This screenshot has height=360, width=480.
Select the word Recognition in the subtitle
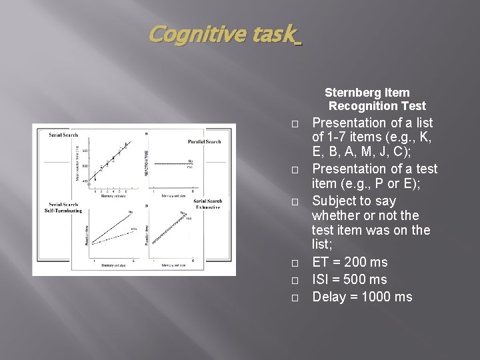point(363,106)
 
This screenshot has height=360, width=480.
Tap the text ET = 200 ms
point(349,262)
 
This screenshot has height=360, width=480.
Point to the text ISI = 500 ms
point(349,279)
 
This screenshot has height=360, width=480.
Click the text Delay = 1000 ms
point(362,297)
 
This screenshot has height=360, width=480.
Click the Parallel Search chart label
point(204,141)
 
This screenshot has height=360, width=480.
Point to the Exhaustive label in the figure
point(207,208)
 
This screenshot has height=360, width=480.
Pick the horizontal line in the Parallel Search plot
point(173,164)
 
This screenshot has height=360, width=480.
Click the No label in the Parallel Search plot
point(191,161)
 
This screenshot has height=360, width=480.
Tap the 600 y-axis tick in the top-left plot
point(85,150)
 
